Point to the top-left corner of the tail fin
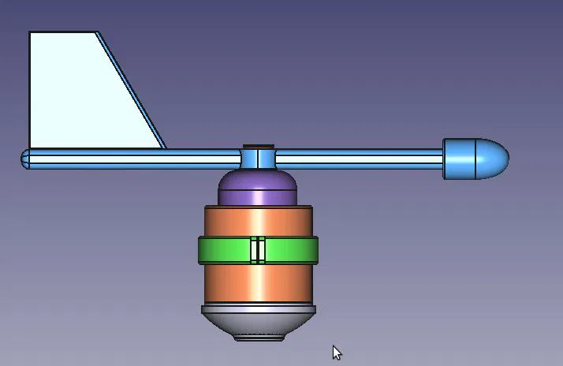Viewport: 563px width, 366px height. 31,34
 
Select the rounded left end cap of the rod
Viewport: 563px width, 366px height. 25,159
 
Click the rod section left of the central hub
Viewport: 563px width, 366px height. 134,159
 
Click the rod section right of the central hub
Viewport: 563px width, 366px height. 359,159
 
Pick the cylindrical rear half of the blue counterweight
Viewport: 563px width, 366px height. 460,159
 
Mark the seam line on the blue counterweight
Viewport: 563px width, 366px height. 478,159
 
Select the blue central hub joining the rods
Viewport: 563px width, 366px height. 258,159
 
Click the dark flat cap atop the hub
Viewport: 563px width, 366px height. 258,146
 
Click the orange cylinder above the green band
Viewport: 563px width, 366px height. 258,221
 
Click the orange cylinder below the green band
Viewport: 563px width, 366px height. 258,284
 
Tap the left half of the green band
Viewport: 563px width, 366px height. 224,250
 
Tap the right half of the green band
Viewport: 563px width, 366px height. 292,250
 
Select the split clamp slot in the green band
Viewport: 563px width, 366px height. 258,250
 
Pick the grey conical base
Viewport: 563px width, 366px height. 258,319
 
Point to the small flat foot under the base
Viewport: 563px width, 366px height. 259,338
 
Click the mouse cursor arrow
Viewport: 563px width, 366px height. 337,353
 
